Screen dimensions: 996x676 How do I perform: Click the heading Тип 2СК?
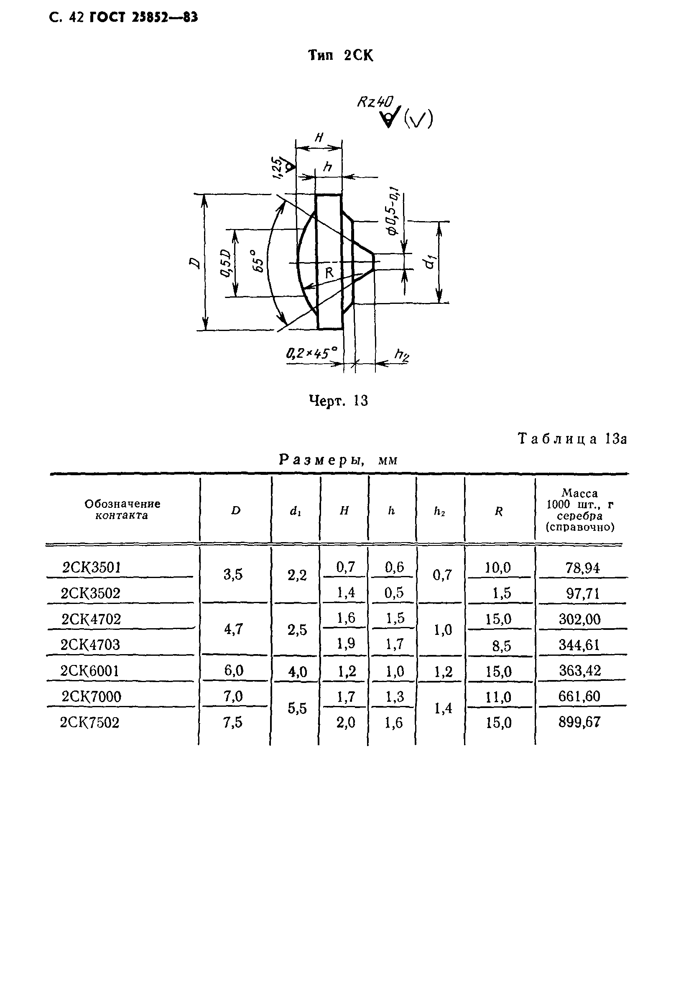click(x=341, y=56)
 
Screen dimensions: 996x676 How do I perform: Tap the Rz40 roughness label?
click(x=375, y=102)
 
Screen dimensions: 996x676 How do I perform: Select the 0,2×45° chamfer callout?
click(x=311, y=354)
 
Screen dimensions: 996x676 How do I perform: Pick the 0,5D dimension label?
click(x=226, y=264)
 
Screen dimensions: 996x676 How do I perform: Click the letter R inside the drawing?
click(x=329, y=273)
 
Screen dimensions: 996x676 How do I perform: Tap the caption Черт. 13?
click(x=338, y=401)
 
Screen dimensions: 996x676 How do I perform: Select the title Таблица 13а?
click(x=572, y=439)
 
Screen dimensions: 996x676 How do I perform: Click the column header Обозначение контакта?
click(x=122, y=509)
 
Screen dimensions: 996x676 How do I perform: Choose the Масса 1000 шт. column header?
click(x=580, y=510)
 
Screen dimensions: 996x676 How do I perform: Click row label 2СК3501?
click(x=92, y=568)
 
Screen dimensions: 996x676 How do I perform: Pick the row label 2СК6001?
click(x=89, y=671)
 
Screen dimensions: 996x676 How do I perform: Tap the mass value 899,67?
click(x=579, y=723)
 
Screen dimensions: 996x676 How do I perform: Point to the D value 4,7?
click(x=233, y=629)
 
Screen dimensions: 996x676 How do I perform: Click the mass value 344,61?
click(x=579, y=645)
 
